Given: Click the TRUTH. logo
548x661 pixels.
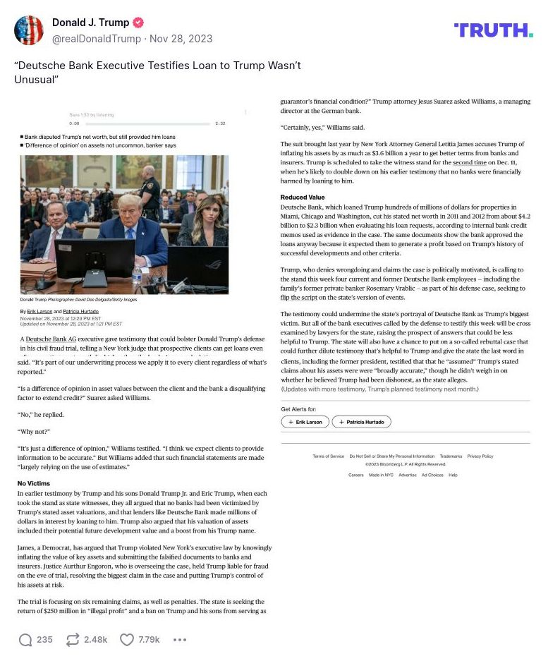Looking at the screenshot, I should (493, 30).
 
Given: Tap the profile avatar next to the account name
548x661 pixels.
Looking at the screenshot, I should (29, 30).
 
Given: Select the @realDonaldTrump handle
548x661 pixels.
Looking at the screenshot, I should (95, 38).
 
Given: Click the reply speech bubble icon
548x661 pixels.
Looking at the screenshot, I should (25, 640).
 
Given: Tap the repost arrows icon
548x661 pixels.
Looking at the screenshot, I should (72, 640).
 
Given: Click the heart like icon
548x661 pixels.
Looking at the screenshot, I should (126, 640).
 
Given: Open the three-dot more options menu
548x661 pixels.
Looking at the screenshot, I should (180, 640).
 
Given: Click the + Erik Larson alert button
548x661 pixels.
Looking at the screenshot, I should (305, 422).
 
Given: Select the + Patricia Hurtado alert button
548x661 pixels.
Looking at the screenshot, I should (361, 422).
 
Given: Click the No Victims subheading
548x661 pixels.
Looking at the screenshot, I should (34, 483).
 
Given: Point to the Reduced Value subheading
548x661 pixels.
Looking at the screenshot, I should (303, 198).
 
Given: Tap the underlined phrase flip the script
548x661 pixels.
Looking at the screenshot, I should (299, 298).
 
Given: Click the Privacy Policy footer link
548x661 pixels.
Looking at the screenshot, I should (480, 456).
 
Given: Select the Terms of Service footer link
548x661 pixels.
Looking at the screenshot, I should (328, 456).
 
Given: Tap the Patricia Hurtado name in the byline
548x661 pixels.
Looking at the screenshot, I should (79, 311).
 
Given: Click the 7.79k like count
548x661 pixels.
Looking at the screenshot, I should (149, 640).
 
